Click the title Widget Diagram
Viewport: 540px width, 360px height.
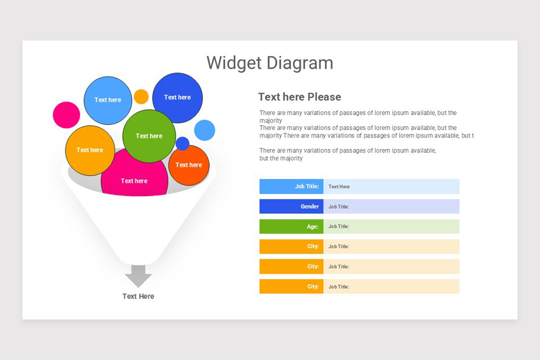[x=270, y=63]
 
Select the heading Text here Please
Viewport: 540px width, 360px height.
[x=299, y=97]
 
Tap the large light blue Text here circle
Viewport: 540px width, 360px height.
[x=108, y=100]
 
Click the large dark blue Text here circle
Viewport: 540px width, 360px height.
[x=177, y=98]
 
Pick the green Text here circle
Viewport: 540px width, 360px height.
[x=149, y=136]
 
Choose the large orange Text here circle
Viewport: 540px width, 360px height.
[x=90, y=150]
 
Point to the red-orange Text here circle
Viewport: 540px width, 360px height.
[x=189, y=165]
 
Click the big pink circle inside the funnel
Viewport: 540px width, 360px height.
[x=134, y=181]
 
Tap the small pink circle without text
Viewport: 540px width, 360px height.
[x=66, y=115]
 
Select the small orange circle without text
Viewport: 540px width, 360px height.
[x=141, y=96]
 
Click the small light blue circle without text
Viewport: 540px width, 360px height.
[x=204, y=130]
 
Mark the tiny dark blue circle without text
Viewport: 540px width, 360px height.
[x=182, y=144]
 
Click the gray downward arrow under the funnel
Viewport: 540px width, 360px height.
[x=138, y=276]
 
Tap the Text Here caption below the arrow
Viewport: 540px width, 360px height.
[x=138, y=296]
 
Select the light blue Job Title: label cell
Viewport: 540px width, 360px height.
[x=291, y=186]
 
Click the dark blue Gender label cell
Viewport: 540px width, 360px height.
[x=291, y=207]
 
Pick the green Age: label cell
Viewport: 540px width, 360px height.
[x=291, y=226]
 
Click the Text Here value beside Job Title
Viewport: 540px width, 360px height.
[x=339, y=186]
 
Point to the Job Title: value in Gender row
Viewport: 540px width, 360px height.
[x=339, y=207]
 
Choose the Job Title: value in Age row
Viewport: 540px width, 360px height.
[x=339, y=226]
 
